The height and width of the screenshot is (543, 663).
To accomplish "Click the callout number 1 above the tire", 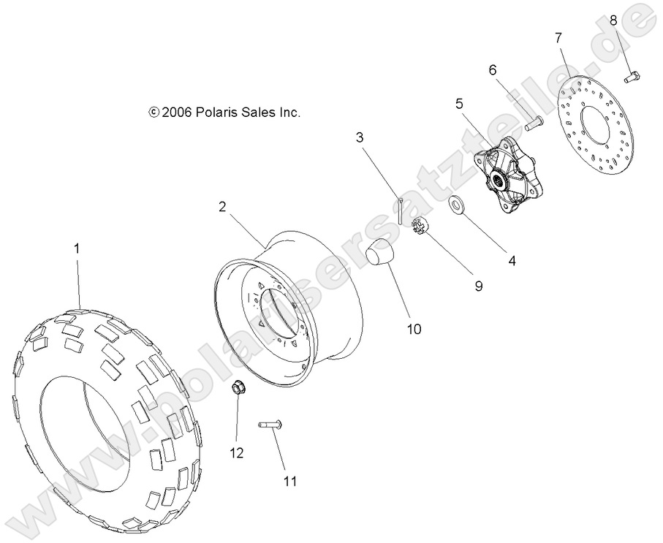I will (x=77, y=249).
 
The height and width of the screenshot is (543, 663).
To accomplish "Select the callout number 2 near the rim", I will (x=221, y=207).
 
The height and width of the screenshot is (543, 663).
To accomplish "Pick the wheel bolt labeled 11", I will (x=270, y=425).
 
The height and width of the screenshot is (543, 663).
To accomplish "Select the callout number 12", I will (x=236, y=454).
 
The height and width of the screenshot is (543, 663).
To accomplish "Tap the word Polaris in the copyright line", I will (x=218, y=113).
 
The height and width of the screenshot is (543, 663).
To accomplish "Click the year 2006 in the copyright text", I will (x=176, y=113).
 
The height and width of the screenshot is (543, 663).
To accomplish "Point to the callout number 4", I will (x=512, y=259).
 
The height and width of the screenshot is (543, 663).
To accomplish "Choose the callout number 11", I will (x=290, y=482).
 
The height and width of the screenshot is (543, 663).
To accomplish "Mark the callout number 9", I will (x=479, y=286).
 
